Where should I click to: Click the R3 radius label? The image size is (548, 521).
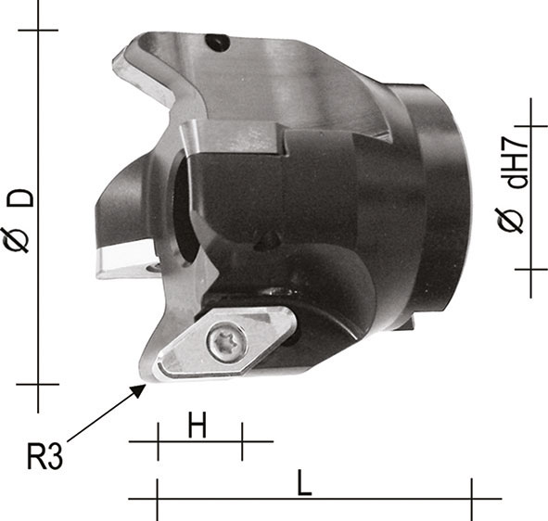pos(45,457)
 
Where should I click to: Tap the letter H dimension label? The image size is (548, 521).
pos(198,425)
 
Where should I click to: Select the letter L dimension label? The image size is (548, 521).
pos(304,483)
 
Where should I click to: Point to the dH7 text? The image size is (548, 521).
pos(514,162)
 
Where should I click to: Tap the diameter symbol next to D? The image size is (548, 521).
pos(16,239)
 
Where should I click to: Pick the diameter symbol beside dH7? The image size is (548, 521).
pos(511,220)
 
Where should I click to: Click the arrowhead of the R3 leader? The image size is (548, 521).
pos(138,390)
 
